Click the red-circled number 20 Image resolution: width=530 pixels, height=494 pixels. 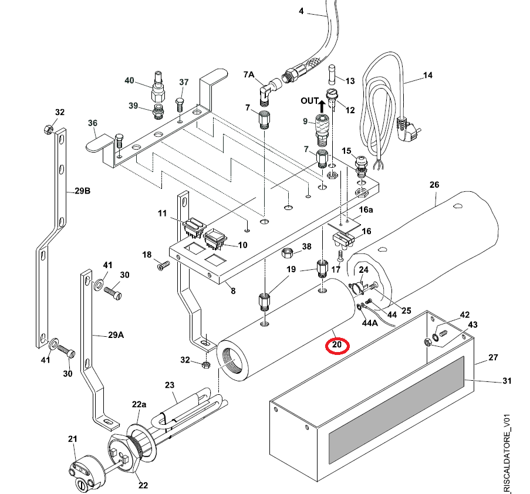(x=337, y=345)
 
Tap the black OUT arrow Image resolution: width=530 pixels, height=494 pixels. (x=322, y=106)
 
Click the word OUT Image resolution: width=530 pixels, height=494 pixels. (x=309, y=101)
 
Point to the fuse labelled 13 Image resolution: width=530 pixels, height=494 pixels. (x=332, y=75)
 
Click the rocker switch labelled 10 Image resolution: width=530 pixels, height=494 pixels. (x=214, y=239)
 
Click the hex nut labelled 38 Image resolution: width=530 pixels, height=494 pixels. (x=288, y=252)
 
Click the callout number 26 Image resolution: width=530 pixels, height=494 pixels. (x=434, y=185)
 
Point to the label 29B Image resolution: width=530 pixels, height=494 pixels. (x=83, y=191)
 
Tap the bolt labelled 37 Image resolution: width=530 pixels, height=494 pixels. (x=180, y=105)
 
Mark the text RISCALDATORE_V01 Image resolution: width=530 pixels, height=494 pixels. (x=507, y=454)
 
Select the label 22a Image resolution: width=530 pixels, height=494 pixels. (x=139, y=404)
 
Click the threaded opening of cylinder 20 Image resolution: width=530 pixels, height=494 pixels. (x=232, y=361)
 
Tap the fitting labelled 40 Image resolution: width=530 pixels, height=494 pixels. (x=158, y=87)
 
